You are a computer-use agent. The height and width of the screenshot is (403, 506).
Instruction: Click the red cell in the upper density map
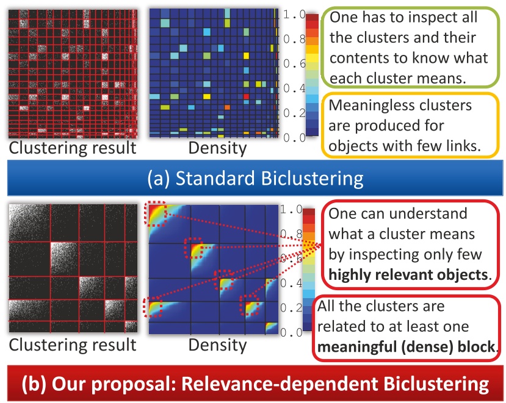point(247,96)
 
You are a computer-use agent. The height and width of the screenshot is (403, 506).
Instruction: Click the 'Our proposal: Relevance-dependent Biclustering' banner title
point(255,385)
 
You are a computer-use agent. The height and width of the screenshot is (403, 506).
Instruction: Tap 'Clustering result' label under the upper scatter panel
point(72,148)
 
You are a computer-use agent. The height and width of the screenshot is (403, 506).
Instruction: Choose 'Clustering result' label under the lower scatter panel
point(72,345)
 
